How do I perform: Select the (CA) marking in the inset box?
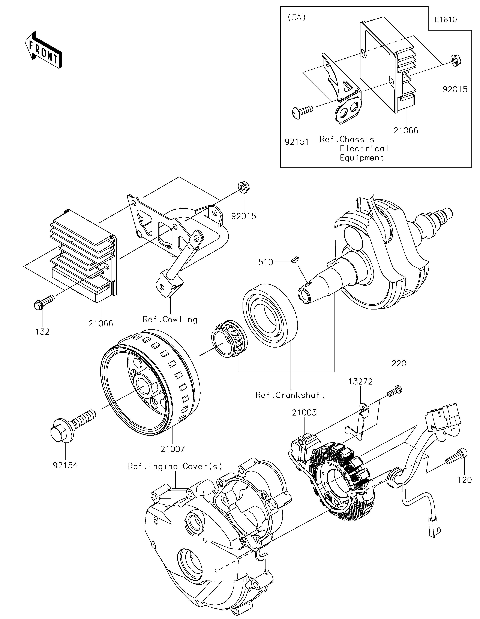click(x=297, y=18)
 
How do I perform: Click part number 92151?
click(x=297, y=142)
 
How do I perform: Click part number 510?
click(x=266, y=262)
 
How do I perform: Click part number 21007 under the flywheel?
click(x=173, y=449)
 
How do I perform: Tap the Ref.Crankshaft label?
click(x=290, y=395)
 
